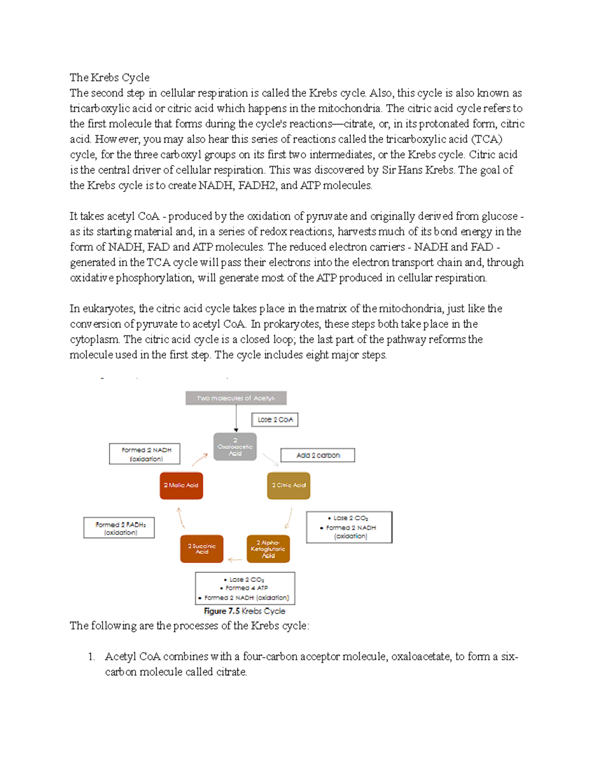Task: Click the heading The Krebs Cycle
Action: pyautogui.click(x=109, y=77)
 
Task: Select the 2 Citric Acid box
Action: pyautogui.click(x=289, y=485)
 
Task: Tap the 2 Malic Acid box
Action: pyautogui.click(x=181, y=485)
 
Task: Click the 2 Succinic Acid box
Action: pyautogui.click(x=201, y=549)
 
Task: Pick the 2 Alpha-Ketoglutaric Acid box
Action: pyautogui.click(x=268, y=549)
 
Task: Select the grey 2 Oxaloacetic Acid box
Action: pyautogui.click(x=235, y=447)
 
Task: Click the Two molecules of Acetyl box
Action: pyautogui.click(x=236, y=398)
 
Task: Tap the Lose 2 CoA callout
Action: pyautogui.click(x=275, y=419)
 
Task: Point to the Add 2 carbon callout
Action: pyautogui.click(x=318, y=455)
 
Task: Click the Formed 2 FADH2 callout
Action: pyautogui.click(x=119, y=528)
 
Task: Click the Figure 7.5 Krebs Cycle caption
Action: pyautogui.click(x=244, y=611)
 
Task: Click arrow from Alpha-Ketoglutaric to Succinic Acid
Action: pyautogui.click(x=235, y=560)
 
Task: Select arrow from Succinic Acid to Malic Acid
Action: pyautogui.click(x=180, y=518)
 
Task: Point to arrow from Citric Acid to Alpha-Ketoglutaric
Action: pyautogui.click(x=288, y=519)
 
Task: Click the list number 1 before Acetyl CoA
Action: pyautogui.click(x=91, y=656)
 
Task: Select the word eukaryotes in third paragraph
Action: pyautogui.click(x=109, y=308)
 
